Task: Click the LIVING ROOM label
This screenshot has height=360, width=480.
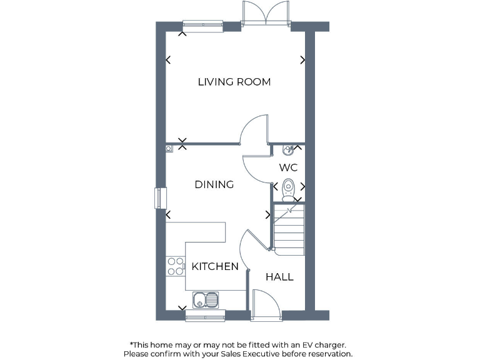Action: coord(234,82)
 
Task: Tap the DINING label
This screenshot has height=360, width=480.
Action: coord(214,184)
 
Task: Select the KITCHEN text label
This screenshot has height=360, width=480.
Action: coord(215,266)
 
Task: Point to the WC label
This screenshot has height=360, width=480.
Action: coord(288,167)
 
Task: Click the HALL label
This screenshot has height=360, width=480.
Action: coord(279,277)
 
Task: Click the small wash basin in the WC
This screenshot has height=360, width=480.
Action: coord(287,150)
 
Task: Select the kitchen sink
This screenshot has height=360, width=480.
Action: coord(205,299)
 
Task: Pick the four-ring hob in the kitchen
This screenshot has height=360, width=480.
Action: coord(176,266)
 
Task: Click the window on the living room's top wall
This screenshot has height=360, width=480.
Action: coord(202,26)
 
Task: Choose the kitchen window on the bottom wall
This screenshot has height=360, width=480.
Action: coord(205,315)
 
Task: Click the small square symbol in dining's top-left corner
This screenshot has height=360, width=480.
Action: coord(169,149)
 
